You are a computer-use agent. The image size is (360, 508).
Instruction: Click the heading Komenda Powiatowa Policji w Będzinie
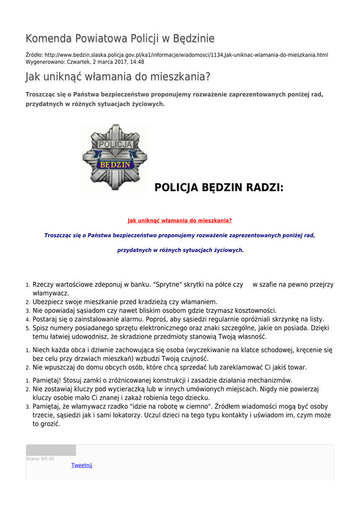(120, 39)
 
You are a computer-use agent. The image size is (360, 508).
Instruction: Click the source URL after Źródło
(186, 55)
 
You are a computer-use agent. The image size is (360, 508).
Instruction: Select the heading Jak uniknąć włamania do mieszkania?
(118, 77)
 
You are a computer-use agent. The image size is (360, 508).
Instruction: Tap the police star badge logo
(115, 157)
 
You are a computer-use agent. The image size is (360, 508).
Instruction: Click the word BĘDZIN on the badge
(115, 164)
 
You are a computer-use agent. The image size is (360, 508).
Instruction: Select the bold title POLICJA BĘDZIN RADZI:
(219, 188)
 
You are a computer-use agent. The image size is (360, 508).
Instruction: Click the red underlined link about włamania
(180, 221)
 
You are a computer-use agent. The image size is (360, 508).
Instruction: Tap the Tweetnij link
(82, 465)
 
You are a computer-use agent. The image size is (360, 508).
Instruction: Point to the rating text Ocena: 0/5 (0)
(40, 459)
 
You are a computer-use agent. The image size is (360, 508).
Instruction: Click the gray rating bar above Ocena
(51, 450)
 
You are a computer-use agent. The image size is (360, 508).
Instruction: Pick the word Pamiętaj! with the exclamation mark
(46, 381)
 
